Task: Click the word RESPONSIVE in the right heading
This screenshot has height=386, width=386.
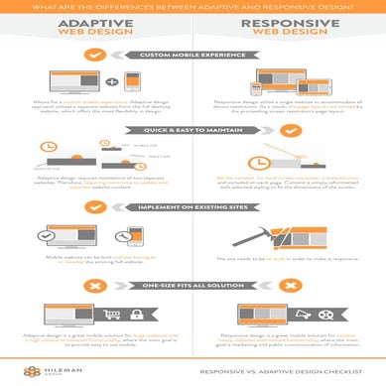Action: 288,21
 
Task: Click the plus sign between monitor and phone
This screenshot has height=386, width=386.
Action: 111,81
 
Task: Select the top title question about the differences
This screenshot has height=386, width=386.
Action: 193,5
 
